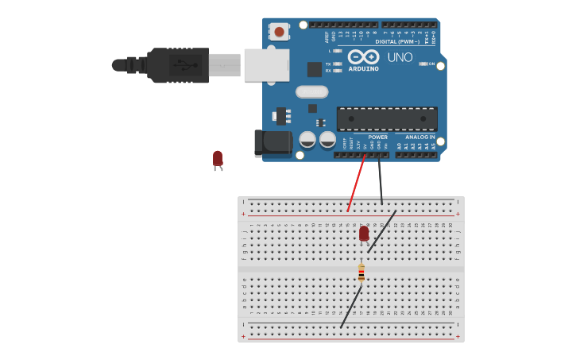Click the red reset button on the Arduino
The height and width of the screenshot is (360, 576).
(279, 31)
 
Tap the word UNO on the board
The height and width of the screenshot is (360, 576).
(400, 57)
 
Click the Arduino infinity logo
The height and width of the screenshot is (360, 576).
(363, 56)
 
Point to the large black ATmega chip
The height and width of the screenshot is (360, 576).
(387, 118)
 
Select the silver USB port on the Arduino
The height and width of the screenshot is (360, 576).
(266, 65)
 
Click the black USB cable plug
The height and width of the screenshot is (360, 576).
(179, 65)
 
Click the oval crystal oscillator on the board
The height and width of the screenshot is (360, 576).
(311, 91)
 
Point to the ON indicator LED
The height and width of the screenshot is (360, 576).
(423, 64)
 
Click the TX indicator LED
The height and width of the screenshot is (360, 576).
(338, 64)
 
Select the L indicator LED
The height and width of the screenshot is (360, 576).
(338, 51)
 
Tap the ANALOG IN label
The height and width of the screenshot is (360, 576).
(419, 137)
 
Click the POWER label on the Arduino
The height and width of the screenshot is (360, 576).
(377, 137)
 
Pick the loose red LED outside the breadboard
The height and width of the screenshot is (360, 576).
(217, 159)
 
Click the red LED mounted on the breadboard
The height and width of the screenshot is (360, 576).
(364, 233)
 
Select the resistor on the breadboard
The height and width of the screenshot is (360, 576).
(361, 273)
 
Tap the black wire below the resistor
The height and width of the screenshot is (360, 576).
(351, 306)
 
